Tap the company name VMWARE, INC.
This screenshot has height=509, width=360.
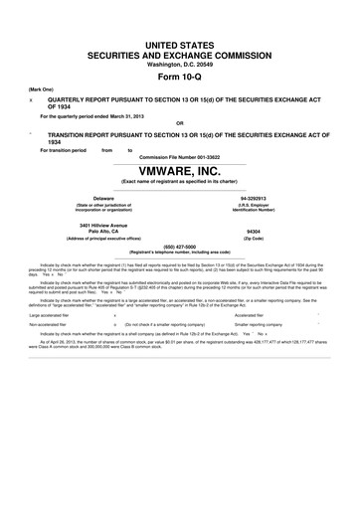(x=179, y=173)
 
